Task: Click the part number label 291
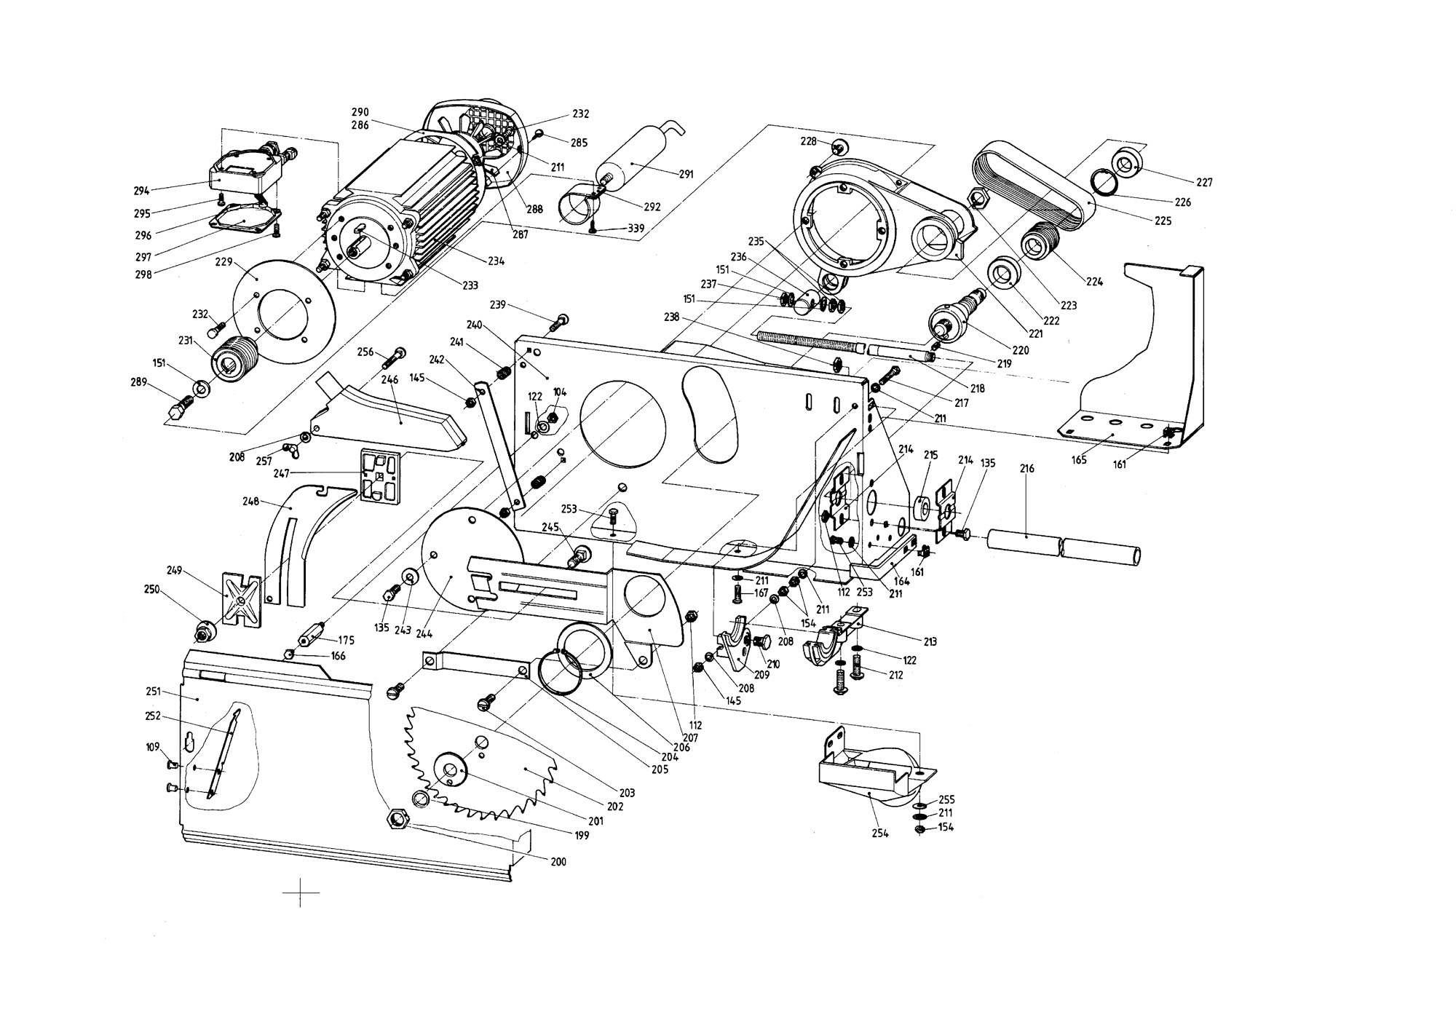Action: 686,175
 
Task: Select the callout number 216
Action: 1027,470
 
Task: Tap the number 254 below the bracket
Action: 880,834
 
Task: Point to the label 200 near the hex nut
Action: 558,862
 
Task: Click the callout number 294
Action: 141,191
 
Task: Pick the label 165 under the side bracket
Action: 1079,460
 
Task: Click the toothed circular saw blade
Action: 480,761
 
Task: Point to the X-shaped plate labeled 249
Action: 242,600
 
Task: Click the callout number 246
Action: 389,379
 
